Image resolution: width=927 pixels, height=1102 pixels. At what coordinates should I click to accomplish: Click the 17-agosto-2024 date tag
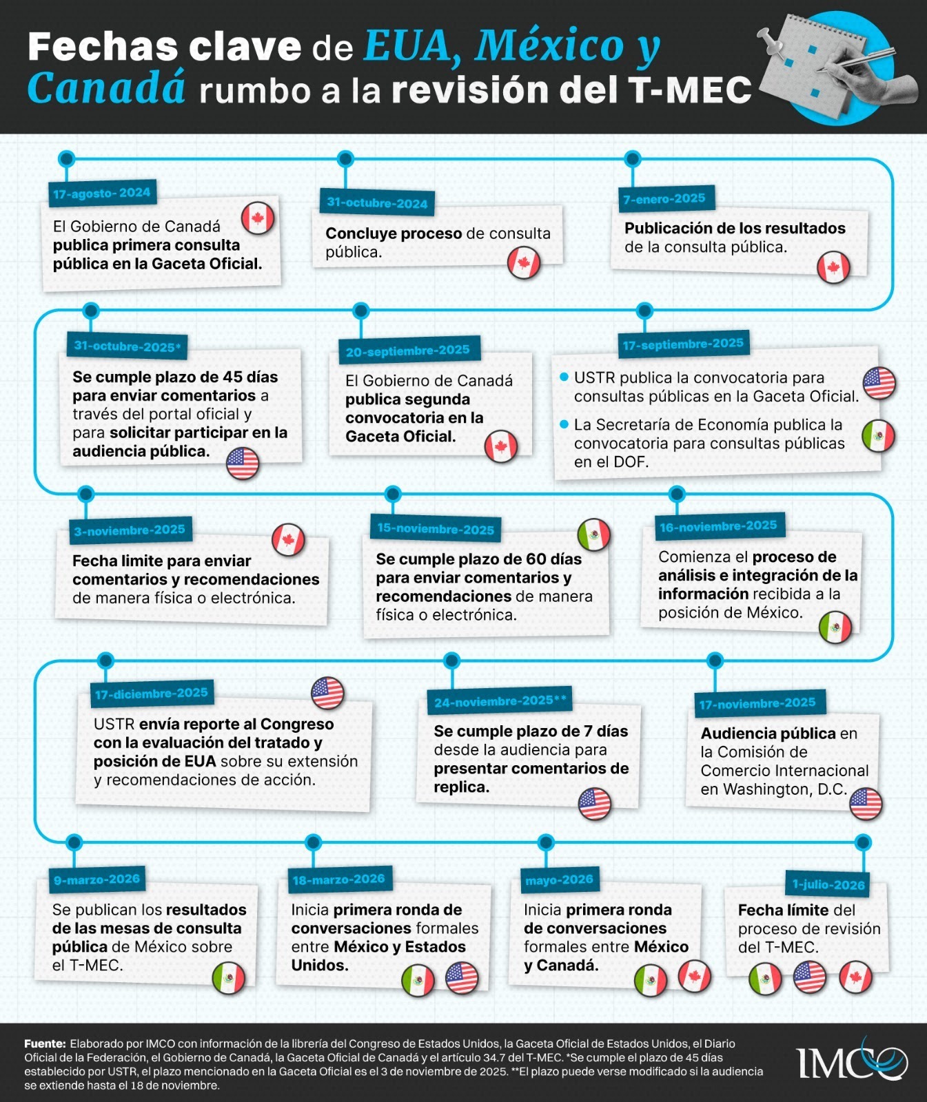point(102,194)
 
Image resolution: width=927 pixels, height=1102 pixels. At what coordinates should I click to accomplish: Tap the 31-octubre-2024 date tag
point(377,202)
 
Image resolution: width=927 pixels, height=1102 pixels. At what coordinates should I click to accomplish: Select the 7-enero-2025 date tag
point(664,199)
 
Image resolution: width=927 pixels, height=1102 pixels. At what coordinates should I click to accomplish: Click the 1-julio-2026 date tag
point(828,884)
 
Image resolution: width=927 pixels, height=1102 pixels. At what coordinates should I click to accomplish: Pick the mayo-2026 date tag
point(559,880)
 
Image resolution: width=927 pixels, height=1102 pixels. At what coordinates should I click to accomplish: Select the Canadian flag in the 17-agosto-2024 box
point(258,219)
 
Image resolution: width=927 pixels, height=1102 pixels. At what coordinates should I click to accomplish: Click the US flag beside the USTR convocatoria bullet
point(879,383)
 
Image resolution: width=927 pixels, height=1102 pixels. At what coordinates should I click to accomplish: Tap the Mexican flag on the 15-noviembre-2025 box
point(593,534)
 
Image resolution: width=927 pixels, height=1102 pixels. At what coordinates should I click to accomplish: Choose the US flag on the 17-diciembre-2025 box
point(327,693)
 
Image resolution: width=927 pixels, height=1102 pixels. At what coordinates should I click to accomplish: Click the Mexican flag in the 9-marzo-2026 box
point(229,979)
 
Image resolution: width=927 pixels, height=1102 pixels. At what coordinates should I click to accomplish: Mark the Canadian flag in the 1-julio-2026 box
point(855,977)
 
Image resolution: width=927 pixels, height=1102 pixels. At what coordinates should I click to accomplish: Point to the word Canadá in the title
point(107,90)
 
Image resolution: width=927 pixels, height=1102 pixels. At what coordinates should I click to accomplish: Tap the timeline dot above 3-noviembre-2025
point(86,494)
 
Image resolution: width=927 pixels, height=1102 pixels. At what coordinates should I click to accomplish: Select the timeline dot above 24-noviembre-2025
point(451,661)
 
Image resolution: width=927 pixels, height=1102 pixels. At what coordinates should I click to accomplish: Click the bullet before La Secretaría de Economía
point(564,424)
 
